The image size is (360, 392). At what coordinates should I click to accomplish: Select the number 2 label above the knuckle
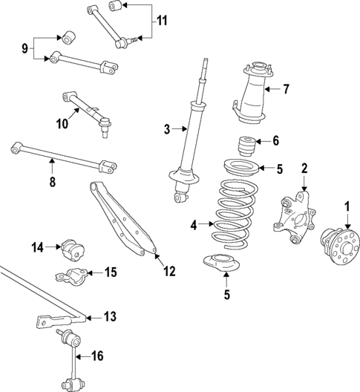tap(304, 169)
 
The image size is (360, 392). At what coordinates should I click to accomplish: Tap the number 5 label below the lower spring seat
tap(226, 294)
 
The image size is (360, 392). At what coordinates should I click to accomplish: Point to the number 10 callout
tap(62, 124)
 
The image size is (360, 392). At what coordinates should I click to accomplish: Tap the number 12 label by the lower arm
tap(169, 271)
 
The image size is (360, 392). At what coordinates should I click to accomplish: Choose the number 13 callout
tap(109, 317)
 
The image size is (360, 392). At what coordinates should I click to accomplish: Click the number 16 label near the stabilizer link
tap(96, 356)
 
